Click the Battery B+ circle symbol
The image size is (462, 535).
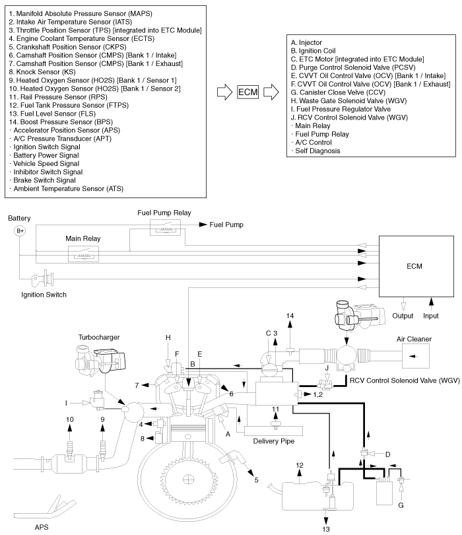coord(20,231)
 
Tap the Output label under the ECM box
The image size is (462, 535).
coord(403,316)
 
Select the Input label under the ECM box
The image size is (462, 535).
coord(433,316)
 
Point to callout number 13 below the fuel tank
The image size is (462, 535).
coord(325,528)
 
